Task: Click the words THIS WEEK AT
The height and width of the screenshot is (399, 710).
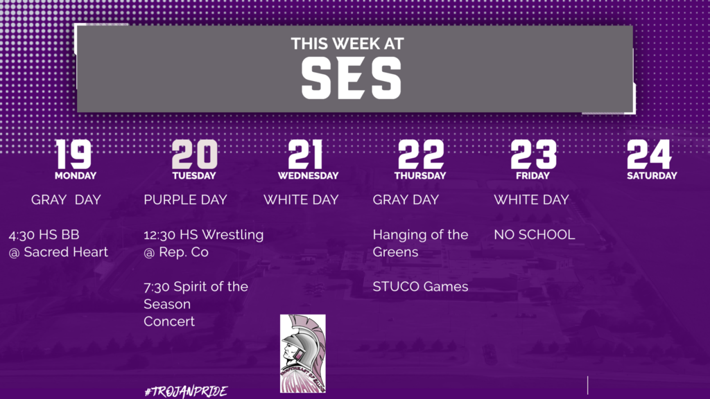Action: click(x=347, y=44)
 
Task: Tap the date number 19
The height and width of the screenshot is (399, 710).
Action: click(x=73, y=154)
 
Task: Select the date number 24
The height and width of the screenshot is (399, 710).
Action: click(x=649, y=154)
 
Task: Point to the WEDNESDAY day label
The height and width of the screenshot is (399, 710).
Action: click(x=308, y=175)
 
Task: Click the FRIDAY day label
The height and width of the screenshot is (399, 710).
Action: click(x=532, y=175)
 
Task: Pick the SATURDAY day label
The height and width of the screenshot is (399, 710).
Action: click(x=652, y=175)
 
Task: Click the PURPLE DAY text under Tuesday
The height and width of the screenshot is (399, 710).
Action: click(x=185, y=199)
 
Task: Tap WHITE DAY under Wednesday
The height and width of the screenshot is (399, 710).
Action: click(x=301, y=199)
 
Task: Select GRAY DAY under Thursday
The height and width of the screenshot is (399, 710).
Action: click(x=406, y=199)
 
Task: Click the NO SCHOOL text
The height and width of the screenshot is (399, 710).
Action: click(x=535, y=234)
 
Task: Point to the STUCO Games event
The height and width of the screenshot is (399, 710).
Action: click(x=420, y=286)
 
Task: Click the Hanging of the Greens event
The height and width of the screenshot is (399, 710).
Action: click(x=420, y=243)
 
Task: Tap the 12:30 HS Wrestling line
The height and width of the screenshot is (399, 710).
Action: click(x=203, y=235)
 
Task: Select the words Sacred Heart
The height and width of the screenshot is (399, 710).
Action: click(x=66, y=251)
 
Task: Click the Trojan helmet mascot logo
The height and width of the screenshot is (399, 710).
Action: click(x=302, y=353)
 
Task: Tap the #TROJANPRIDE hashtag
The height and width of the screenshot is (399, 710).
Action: click(x=186, y=391)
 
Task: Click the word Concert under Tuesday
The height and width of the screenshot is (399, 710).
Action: click(x=169, y=321)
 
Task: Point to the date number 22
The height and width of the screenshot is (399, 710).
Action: click(x=421, y=154)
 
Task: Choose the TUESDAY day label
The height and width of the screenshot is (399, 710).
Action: click(x=194, y=175)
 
